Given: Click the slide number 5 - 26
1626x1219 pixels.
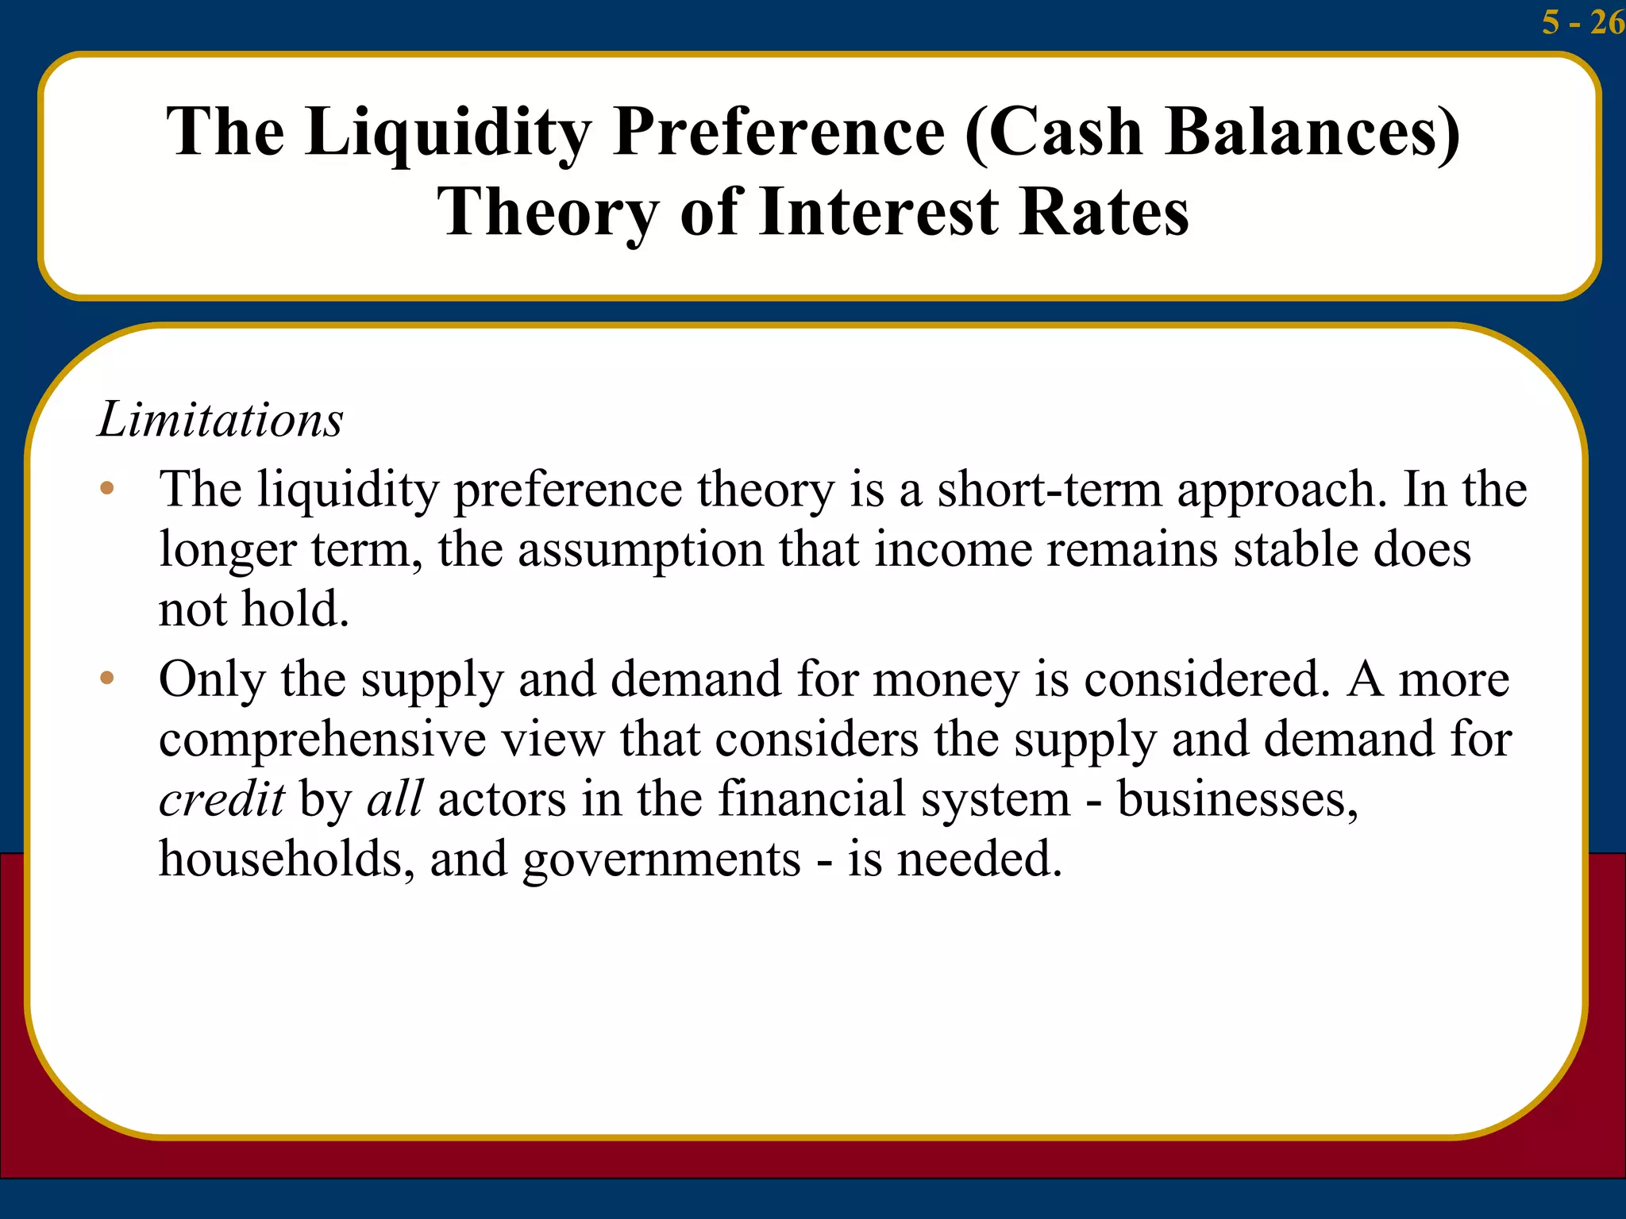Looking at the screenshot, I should [1582, 22].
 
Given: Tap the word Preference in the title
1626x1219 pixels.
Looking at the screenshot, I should [779, 132].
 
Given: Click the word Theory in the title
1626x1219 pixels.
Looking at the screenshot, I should [548, 213].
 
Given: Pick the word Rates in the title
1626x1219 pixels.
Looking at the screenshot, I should [1104, 213].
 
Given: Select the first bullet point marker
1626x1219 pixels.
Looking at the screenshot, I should [107, 488].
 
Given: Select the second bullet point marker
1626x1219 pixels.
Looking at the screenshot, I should [107, 679].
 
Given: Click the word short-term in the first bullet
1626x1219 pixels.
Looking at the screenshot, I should [1050, 489].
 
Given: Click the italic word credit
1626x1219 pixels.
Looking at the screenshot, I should [222, 799].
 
